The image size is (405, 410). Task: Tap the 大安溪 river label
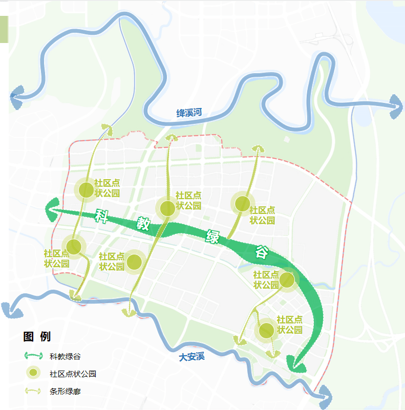(x=191, y=357)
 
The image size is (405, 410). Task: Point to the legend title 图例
(x=37, y=337)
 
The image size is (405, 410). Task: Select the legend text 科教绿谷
(x=65, y=356)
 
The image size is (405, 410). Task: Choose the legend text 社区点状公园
(x=73, y=374)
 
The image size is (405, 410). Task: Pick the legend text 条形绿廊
(x=65, y=392)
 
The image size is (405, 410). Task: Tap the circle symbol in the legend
(x=33, y=374)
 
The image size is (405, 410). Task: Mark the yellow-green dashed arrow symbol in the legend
(x=33, y=392)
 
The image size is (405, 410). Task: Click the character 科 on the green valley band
(x=103, y=215)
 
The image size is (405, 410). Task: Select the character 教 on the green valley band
(x=143, y=224)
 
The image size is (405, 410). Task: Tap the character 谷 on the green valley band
(x=262, y=251)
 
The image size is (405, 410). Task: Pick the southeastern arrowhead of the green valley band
(x=295, y=365)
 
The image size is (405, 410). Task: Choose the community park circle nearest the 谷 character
(x=287, y=280)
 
